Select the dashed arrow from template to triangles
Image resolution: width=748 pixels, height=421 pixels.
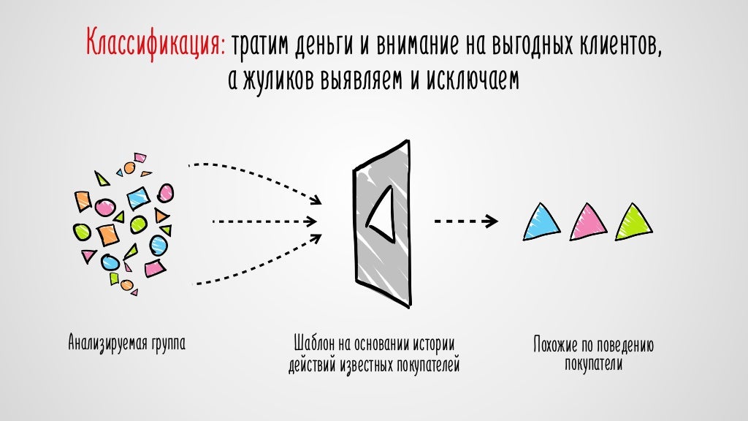pyautogui.click(x=466, y=220)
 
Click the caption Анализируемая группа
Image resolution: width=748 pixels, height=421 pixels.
pyautogui.click(x=126, y=342)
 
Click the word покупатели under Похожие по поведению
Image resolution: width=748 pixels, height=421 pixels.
pyautogui.click(x=593, y=364)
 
